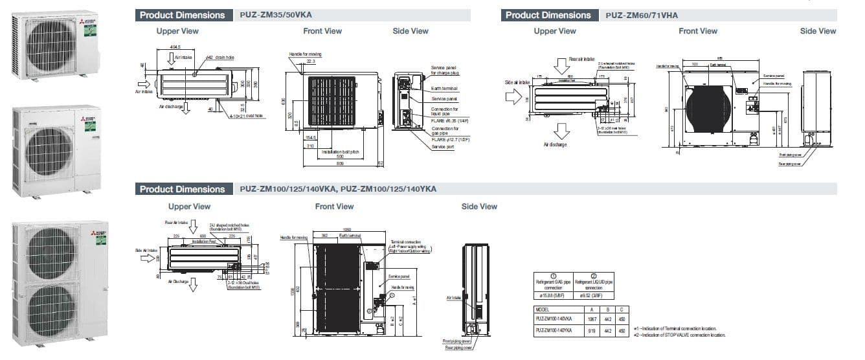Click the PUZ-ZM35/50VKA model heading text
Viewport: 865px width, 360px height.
point(275,15)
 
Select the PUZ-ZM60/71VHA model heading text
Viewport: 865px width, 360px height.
point(642,15)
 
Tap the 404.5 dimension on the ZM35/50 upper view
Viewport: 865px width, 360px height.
point(175,47)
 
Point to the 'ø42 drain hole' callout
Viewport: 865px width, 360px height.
point(219,58)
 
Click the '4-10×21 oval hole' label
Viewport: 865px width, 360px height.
point(246,116)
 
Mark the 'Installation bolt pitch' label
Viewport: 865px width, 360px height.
point(340,152)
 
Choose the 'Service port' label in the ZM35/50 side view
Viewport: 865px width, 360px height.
point(443,146)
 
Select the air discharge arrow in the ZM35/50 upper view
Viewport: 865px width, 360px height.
point(186,107)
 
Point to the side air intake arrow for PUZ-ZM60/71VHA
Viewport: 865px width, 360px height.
point(513,96)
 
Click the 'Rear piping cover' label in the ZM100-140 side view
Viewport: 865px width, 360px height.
point(458,348)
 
